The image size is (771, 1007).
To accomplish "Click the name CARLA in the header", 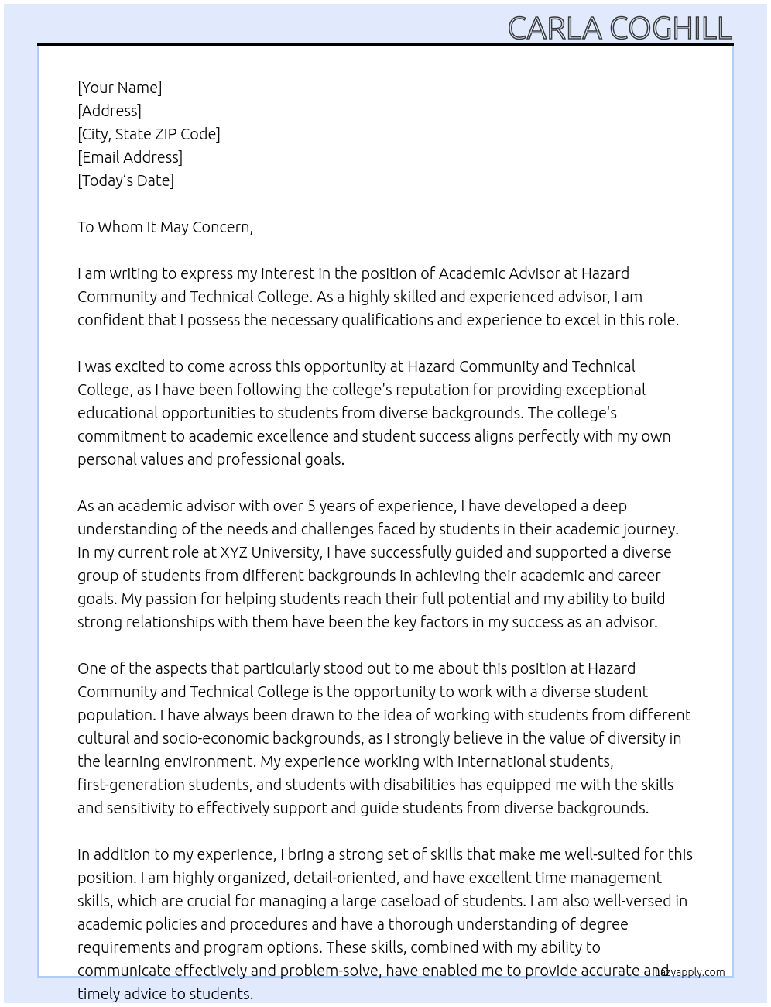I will click(x=554, y=29).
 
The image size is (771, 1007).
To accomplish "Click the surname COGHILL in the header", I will click(x=670, y=29).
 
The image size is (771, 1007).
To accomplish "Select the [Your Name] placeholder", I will click(x=119, y=88).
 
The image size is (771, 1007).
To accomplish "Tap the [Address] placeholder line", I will click(x=109, y=111).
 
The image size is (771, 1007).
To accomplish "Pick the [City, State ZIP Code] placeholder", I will click(x=149, y=134).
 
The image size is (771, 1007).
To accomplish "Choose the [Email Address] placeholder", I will click(x=130, y=157).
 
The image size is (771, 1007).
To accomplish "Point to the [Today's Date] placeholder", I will click(x=125, y=180).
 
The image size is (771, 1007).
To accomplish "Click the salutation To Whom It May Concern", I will click(x=165, y=227).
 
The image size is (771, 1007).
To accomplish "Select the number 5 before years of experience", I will click(x=311, y=506).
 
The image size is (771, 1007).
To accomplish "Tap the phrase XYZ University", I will click(x=269, y=552).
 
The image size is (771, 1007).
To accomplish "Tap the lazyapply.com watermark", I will click(x=690, y=972).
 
